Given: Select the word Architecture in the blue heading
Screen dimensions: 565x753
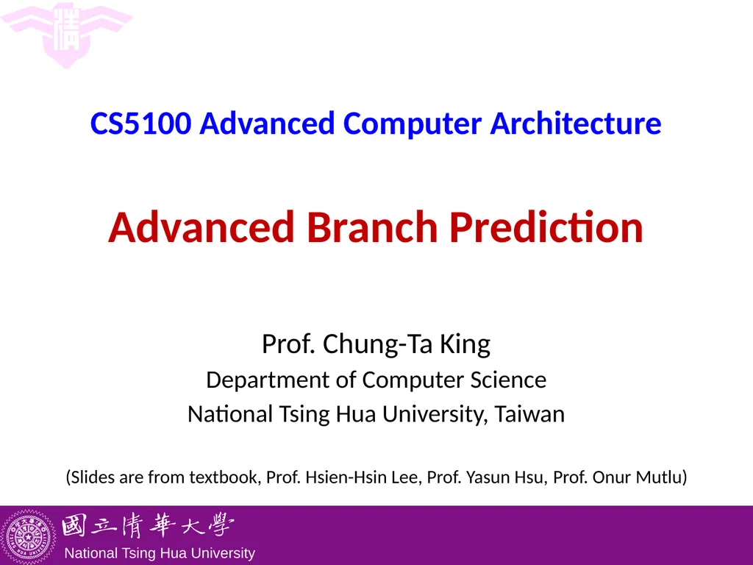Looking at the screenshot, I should tap(576, 124).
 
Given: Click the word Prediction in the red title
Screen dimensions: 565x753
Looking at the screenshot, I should tap(546, 228).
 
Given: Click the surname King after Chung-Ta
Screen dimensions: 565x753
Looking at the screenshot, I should tap(465, 344).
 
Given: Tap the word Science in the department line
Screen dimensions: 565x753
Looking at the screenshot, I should tap(510, 380).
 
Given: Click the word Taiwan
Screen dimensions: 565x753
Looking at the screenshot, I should tap(529, 414).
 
